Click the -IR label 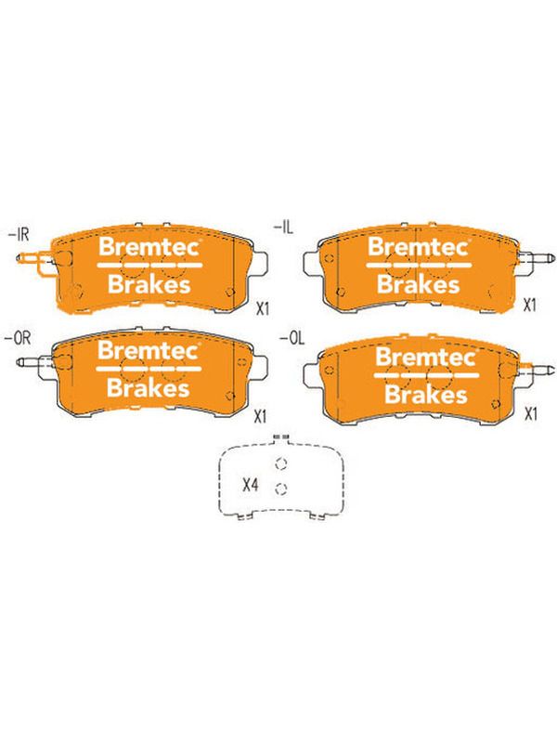(x=19, y=236)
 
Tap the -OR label (x=18, y=338)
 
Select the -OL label (x=292, y=339)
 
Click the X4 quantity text (x=250, y=485)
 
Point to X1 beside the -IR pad (x=263, y=308)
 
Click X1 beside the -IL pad (x=529, y=306)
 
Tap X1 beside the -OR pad (x=260, y=416)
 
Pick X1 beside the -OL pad (x=531, y=413)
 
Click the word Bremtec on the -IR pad (x=149, y=247)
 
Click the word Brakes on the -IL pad (x=419, y=284)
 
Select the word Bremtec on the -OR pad (x=149, y=351)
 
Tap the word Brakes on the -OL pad (x=426, y=394)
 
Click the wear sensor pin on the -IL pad (x=538, y=258)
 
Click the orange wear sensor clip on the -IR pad (x=35, y=261)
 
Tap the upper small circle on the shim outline (x=281, y=463)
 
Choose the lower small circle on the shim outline (x=281, y=489)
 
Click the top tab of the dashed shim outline (x=281, y=438)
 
